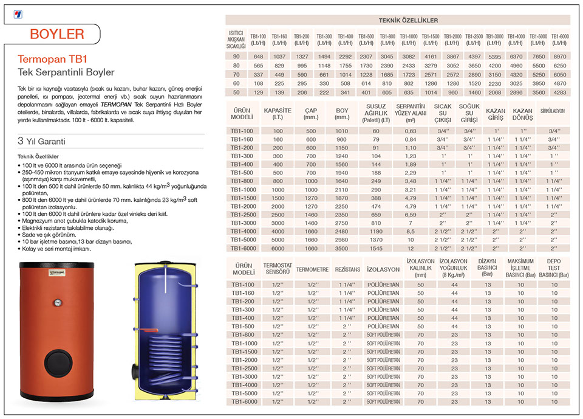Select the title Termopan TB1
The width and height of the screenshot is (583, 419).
(53, 60)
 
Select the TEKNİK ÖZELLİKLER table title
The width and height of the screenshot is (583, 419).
(399, 21)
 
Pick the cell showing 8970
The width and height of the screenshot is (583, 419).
(559, 56)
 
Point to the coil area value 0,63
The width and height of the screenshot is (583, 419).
(411, 131)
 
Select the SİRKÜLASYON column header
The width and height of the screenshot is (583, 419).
(553, 112)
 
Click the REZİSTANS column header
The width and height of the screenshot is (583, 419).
(347, 269)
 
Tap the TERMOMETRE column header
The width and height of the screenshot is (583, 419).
(312, 269)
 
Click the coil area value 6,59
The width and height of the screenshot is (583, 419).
(411, 215)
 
